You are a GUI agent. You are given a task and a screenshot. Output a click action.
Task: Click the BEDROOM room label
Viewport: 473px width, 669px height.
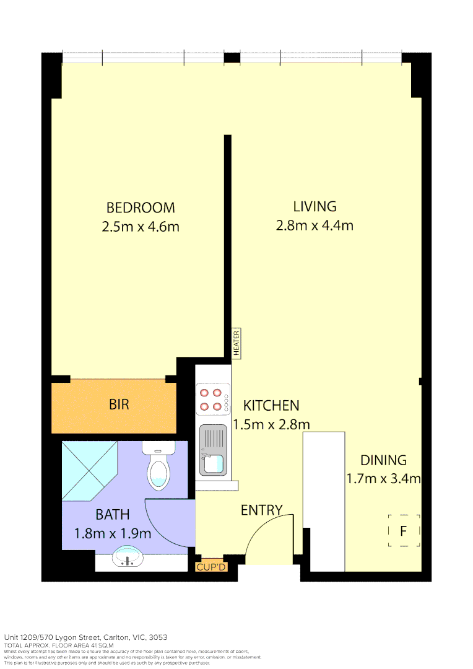point(141,208)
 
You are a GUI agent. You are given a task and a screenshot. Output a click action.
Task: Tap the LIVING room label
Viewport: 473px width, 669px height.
point(315,206)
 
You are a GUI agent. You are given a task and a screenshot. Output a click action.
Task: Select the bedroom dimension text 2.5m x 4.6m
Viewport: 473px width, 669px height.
point(141,227)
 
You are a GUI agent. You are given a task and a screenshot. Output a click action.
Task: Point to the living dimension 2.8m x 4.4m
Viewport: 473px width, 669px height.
point(315,225)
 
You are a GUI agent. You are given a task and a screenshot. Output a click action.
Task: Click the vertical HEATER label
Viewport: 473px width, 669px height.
point(236,343)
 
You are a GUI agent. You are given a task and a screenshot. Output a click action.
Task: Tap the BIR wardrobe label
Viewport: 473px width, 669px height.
point(119,405)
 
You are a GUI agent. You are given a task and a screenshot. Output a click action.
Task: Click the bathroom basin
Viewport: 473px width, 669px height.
point(128,557)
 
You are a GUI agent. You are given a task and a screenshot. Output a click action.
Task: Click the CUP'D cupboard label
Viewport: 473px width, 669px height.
point(212,567)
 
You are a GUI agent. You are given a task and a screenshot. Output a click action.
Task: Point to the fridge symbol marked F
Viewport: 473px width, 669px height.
point(404,531)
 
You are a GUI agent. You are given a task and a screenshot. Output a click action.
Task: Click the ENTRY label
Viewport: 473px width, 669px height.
point(261,510)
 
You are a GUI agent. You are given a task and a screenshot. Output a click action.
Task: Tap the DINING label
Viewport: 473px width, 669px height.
point(383,460)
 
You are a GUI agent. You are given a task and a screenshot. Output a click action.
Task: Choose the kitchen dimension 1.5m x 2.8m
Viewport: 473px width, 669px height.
point(271,425)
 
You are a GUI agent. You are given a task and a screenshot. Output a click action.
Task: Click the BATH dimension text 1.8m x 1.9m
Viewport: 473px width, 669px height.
point(112,533)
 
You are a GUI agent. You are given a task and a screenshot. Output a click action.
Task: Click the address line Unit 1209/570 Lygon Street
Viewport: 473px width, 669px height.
point(85,637)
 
